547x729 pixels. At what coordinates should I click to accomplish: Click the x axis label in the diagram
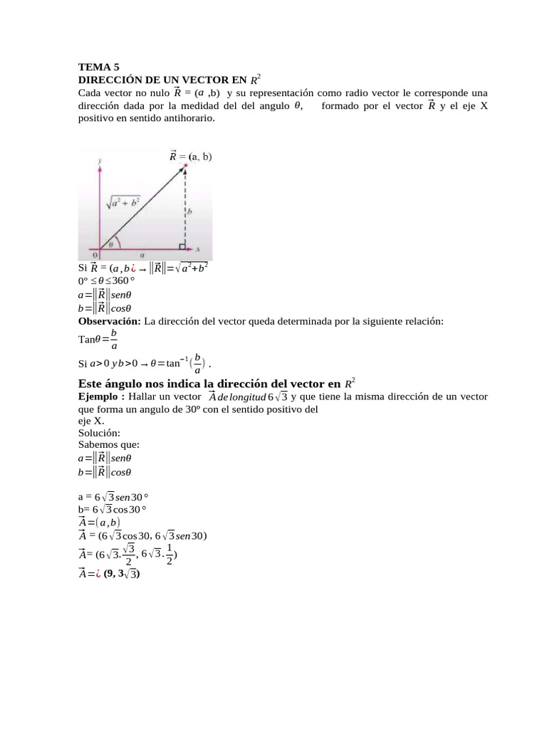point(198,249)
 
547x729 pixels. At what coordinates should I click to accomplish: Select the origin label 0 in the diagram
point(95,254)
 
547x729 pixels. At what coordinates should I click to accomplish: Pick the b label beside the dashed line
point(189,211)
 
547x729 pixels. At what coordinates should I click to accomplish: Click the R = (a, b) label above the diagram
point(190,156)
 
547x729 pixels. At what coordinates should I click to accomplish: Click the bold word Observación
point(110,322)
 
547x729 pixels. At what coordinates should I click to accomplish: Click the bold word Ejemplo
point(100,396)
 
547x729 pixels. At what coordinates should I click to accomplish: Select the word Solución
point(99,433)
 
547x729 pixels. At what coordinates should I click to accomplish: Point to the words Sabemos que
point(108,445)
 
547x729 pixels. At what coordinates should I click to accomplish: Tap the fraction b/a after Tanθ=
point(114,340)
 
